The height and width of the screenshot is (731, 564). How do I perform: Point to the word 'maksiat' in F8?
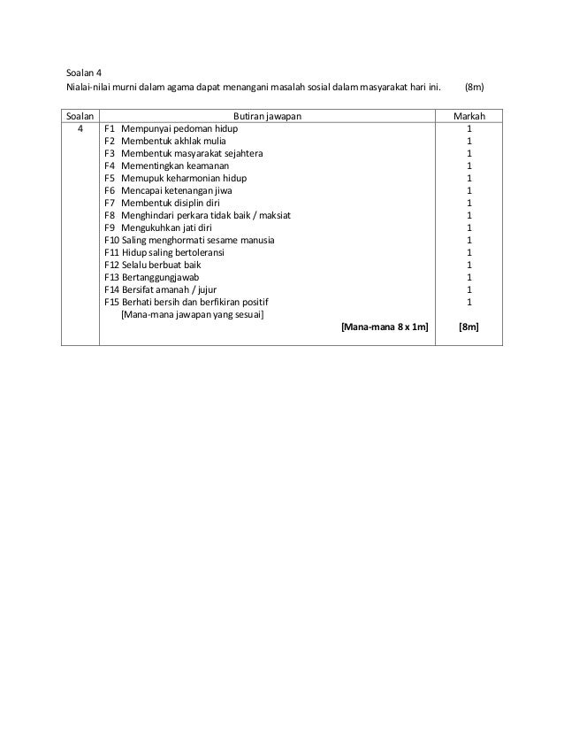[274, 215]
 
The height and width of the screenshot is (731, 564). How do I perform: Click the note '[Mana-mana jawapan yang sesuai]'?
[191, 314]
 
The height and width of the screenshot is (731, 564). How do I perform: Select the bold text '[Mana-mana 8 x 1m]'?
[385, 327]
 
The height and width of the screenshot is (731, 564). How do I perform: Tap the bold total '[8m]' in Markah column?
[469, 327]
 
